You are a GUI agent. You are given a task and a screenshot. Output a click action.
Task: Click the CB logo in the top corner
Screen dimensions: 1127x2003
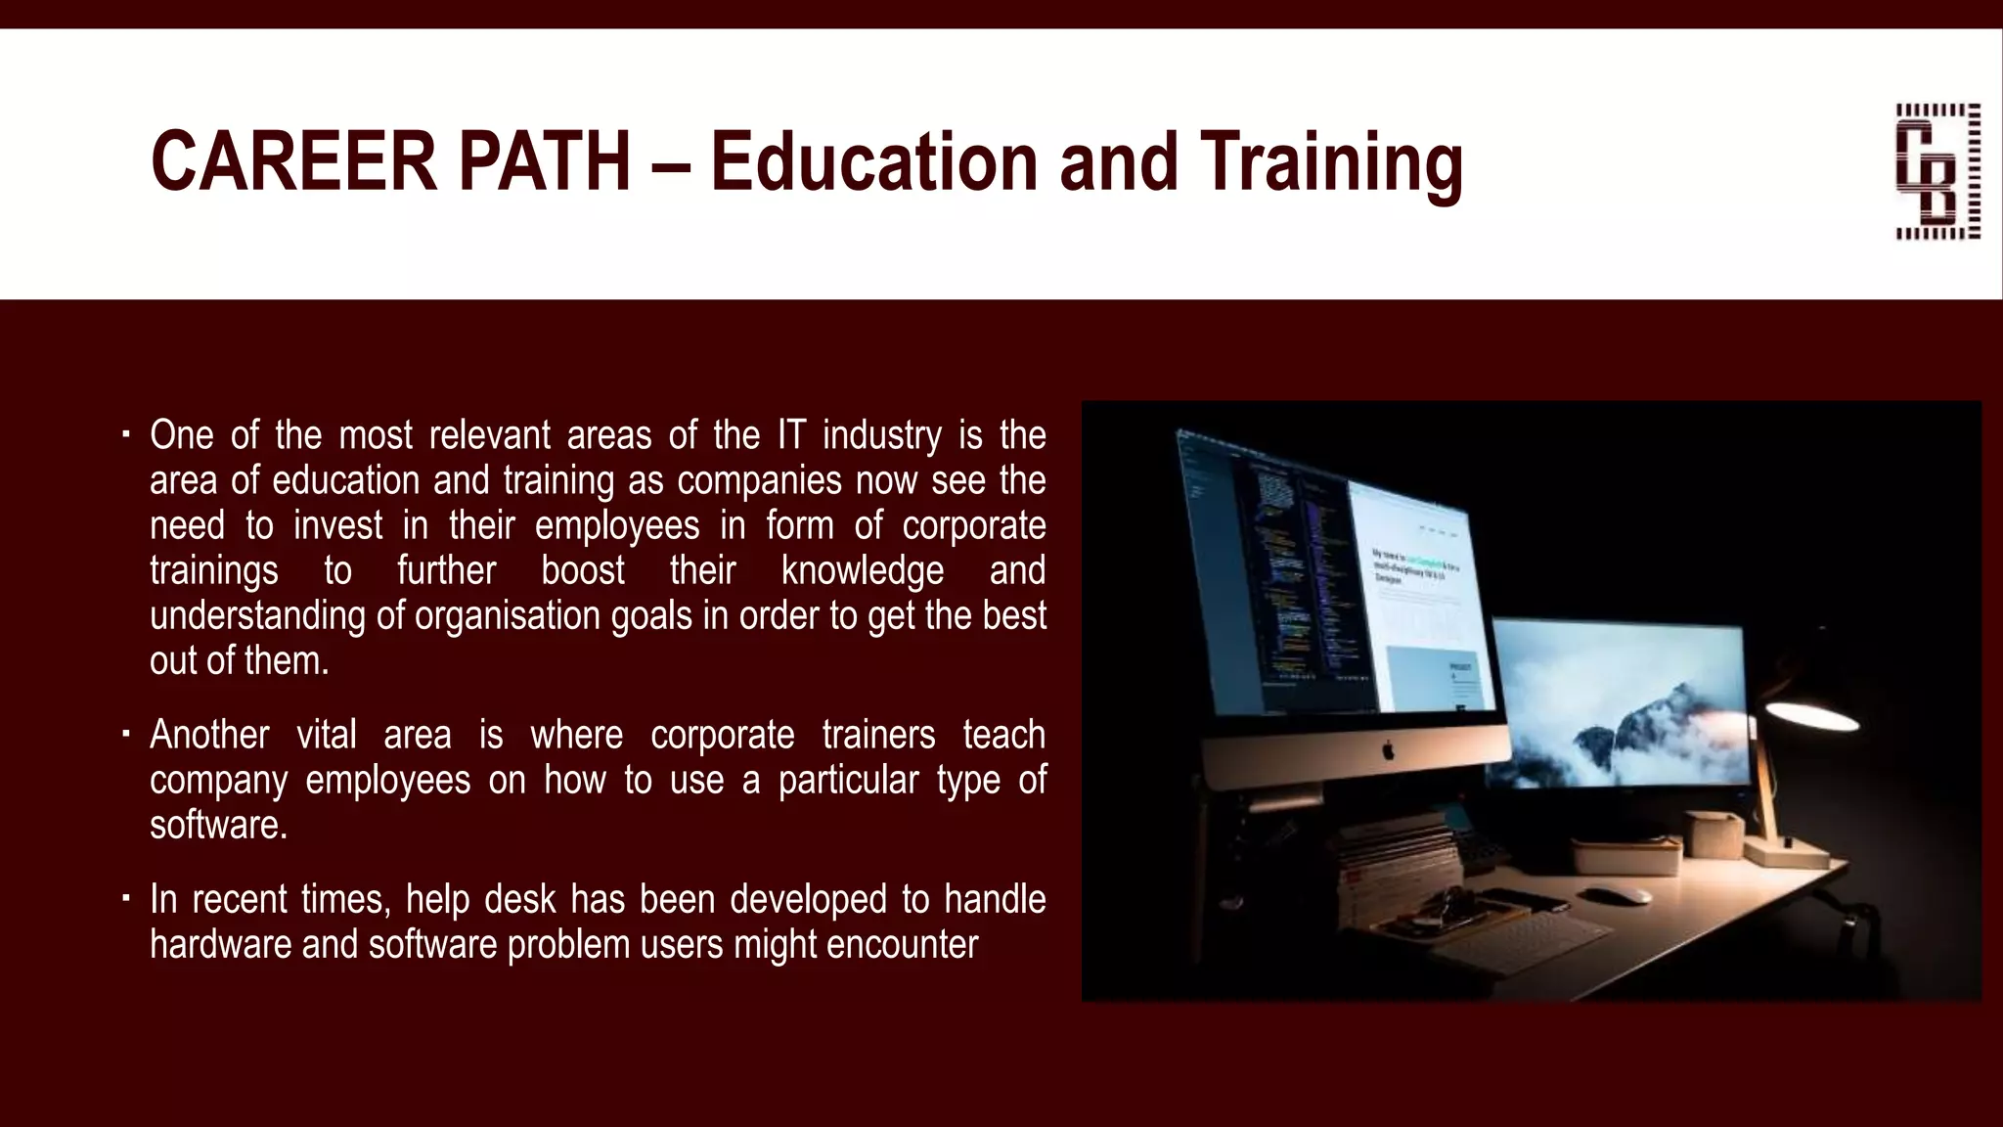click(x=1937, y=171)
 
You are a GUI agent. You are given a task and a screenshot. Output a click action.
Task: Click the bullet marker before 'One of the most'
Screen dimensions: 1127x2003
click(x=126, y=433)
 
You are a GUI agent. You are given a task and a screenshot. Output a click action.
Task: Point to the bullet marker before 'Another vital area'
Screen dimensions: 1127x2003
click(x=126, y=733)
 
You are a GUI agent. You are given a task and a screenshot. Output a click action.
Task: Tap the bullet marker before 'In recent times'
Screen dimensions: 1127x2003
click(x=126, y=897)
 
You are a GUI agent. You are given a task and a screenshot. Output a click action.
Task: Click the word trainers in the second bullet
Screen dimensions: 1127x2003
click(x=877, y=734)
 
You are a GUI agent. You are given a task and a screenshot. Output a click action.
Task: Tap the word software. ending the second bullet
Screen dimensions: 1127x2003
click(x=219, y=825)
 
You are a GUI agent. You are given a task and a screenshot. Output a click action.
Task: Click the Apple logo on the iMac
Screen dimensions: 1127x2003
click(x=1386, y=751)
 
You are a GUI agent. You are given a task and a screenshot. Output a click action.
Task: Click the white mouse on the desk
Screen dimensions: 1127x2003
click(x=1604, y=893)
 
